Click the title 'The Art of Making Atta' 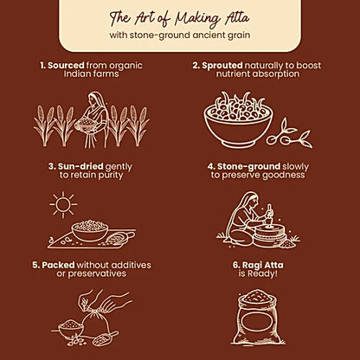click(180, 18)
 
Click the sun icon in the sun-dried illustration click(62, 205)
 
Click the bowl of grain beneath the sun click(90, 230)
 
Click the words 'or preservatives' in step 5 click(80, 274)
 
